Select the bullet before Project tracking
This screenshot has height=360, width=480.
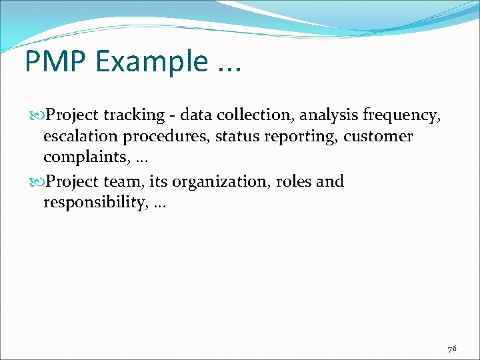point(36,115)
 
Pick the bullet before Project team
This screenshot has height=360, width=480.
point(36,181)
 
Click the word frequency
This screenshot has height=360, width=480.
point(401,116)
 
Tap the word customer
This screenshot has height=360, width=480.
point(379,137)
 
